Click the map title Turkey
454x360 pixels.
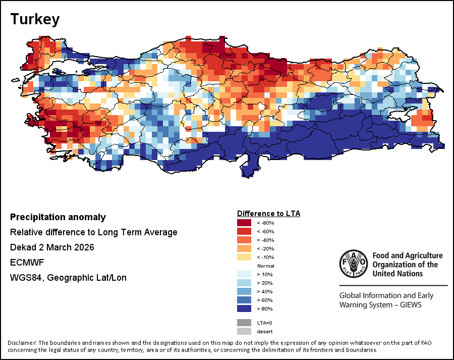(35, 20)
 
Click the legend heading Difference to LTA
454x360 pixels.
(268, 214)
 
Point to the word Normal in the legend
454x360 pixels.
(265, 266)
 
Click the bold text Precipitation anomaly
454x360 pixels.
(58, 217)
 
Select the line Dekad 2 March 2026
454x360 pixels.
(52, 247)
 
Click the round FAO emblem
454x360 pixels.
(353, 263)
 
